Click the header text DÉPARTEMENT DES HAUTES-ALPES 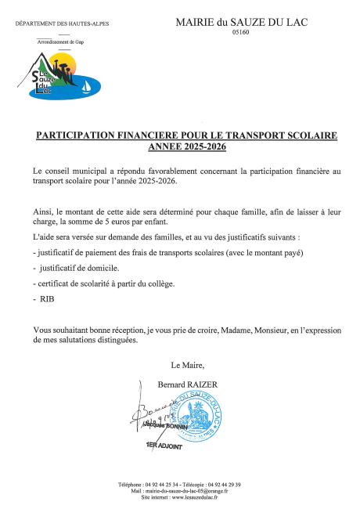click(x=62, y=24)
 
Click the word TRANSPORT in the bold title click(x=238, y=135)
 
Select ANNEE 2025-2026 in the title click(x=185, y=146)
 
